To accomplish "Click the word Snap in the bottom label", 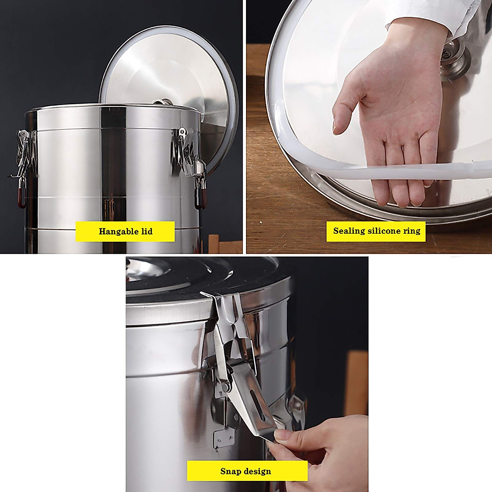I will [230, 471].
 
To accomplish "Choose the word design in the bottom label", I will [257, 471].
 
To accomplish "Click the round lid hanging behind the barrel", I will [172, 70].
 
